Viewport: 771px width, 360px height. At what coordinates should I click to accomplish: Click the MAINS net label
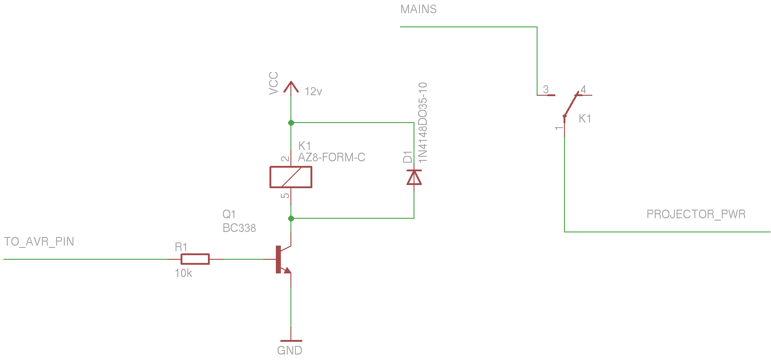click(418, 9)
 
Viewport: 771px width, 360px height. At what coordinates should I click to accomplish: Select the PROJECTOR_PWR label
click(696, 214)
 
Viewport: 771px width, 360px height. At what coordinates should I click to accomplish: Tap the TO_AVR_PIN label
click(39, 242)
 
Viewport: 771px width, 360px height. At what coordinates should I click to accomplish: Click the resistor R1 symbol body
click(195, 259)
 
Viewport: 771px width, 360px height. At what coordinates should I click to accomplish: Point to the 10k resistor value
click(183, 273)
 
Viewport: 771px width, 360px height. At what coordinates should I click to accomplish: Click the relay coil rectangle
click(291, 177)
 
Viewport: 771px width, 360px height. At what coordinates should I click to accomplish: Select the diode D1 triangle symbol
click(414, 177)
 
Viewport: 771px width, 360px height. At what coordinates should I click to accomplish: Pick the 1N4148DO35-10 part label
click(423, 122)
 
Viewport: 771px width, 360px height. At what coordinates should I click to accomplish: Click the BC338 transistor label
click(239, 228)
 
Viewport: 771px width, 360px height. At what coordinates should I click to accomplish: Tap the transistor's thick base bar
click(278, 259)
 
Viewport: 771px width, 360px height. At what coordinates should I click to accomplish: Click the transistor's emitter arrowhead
click(287, 271)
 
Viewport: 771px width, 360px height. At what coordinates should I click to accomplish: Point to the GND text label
click(290, 350)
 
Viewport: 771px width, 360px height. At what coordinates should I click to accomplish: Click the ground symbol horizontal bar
click(291, 341)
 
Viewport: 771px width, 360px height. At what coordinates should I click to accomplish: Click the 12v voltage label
click(313, 92)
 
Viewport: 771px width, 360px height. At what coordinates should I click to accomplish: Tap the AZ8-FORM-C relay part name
click(331, 158)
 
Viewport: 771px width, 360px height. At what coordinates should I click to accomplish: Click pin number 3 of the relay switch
click(546, 89)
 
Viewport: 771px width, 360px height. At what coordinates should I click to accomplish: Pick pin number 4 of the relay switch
click(583, 89)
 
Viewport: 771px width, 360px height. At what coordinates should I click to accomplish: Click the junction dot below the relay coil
click(291, 218)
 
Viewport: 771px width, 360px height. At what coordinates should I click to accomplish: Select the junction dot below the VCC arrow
click(291, 123)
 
